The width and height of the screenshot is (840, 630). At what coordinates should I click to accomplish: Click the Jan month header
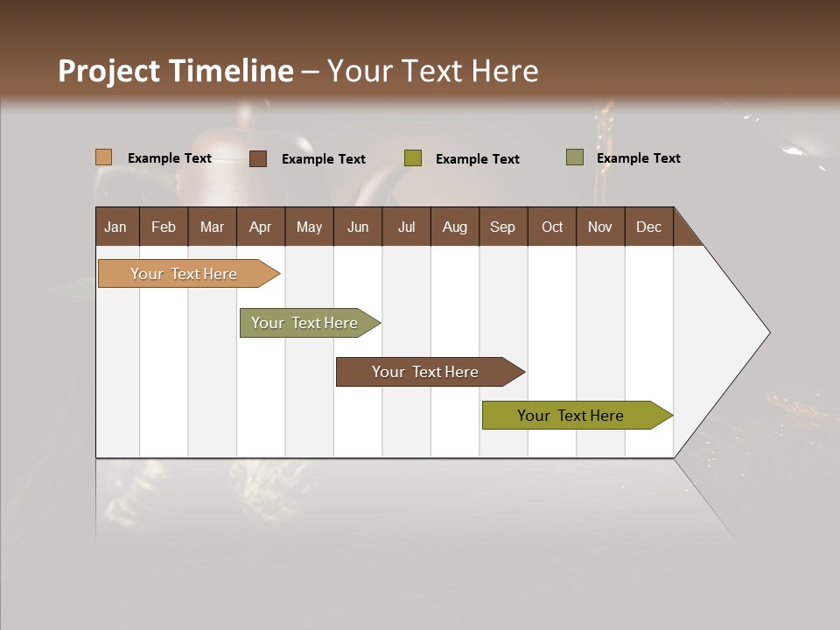pos(115,227)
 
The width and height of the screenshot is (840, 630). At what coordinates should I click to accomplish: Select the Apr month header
pos(260,227)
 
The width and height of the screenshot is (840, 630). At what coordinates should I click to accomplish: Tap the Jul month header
pos(406,227)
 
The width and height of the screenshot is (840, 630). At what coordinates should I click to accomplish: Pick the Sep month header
pos(502,227)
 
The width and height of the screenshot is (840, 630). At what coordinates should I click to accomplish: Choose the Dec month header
pos(648,227)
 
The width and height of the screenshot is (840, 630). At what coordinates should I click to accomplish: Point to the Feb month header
pos(164,227)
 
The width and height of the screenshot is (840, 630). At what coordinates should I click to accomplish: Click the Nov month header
pos(599,227)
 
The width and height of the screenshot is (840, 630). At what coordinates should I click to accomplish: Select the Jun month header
pos(357,227)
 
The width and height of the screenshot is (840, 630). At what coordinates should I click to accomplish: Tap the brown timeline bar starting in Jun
pos(426,372)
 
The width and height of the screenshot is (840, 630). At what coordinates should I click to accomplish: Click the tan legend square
pos(104,157)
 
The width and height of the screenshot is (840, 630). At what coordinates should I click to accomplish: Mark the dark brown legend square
pos(258,158)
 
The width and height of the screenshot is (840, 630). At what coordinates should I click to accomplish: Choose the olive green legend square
pos(413,158)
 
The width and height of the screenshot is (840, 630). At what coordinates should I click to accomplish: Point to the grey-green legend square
pos(575,157)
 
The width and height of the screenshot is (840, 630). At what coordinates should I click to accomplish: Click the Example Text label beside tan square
pos(170,158)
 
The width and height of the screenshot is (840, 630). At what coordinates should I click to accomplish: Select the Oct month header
pos(552,227)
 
